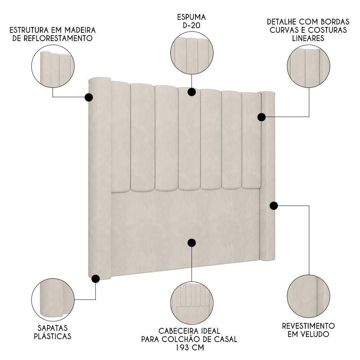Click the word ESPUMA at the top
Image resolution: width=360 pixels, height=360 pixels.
pyautogui.click(x=191, y=17)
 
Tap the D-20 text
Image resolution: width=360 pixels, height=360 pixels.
pyautogui.click(x=191, y=25)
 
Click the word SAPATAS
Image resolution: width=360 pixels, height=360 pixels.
pyautogui.click(x=53, y=328)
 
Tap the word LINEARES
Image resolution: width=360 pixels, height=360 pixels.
pyautogui.click(x=308, y=38)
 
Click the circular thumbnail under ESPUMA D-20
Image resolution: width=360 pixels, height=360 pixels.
pyautogui.click(x=192, y=53)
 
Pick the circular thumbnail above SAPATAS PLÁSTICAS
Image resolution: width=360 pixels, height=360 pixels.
pyautogui.click(x=53, y=300)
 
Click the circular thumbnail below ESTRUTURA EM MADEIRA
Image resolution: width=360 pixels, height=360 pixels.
pyautogui.click(x=53, y=67)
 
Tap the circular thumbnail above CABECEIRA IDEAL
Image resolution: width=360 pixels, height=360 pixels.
pyautogui.click(x=192, y=303)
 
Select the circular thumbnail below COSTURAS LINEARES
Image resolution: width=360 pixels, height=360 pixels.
pyautogui.click(x=309, y=66)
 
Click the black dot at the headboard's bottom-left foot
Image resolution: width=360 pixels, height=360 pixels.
pyautogui.click(x=95, y=279)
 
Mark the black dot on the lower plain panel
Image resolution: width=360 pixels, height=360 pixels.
pyautogui.click(x=192, y=243)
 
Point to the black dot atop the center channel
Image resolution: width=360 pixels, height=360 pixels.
pyautogui.click(x=192, y=92)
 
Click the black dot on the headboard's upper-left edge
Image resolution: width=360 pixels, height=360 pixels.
pyautogui.click(x=89, y=97)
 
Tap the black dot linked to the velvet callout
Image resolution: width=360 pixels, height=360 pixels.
pyautogui.click(x=274, y=206)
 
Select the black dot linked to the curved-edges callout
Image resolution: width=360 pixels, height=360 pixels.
pyautogui.click(x=261, y=117)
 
